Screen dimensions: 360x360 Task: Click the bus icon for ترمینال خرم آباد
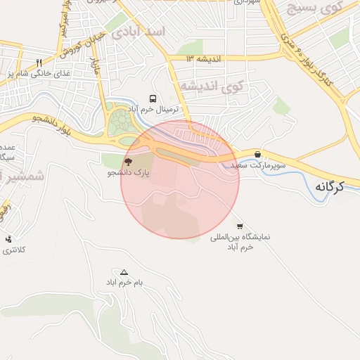click(153, 99)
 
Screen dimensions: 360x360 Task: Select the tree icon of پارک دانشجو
click(127, 161)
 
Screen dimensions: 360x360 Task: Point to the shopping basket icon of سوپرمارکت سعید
click(257, 153)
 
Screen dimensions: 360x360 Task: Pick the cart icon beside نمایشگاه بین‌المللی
click(240, 226)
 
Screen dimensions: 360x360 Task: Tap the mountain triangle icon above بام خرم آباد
click(124, 271)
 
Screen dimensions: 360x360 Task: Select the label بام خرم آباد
click(124, 283)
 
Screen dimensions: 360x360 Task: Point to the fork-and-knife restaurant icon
click(39, 63)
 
